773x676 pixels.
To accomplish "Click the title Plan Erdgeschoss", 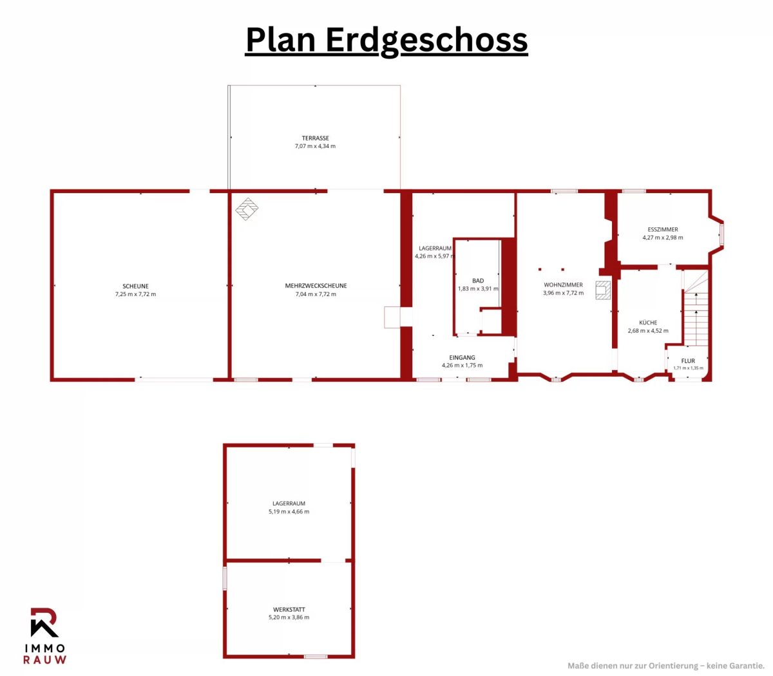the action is tap(386, 41).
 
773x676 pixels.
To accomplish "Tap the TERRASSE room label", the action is tap(315, 138).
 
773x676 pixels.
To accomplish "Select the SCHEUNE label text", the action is tap(135, 286).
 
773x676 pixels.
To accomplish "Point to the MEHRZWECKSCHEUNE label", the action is tap(316, 286).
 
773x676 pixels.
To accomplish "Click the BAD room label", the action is tap(478, 281).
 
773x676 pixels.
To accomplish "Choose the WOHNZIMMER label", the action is tap(563, 285).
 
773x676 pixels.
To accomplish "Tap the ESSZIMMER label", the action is tap(663, 229).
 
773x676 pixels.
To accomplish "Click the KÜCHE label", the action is tap(648, 323).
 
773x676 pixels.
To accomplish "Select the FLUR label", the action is tap(688, 361).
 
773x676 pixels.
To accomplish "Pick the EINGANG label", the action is tap(462, 357).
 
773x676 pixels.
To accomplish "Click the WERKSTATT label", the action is tap(289, 610).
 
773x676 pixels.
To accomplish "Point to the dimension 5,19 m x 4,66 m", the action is tap(289, 512).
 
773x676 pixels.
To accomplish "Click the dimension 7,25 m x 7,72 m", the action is tap(135, 294).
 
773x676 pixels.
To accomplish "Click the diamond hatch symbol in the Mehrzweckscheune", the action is tap(247, 209).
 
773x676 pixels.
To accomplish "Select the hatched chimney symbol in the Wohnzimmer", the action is tap(603, 290).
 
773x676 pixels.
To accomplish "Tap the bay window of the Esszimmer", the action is tap(716, 234).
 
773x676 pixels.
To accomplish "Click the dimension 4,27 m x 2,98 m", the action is tap(663, 238).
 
